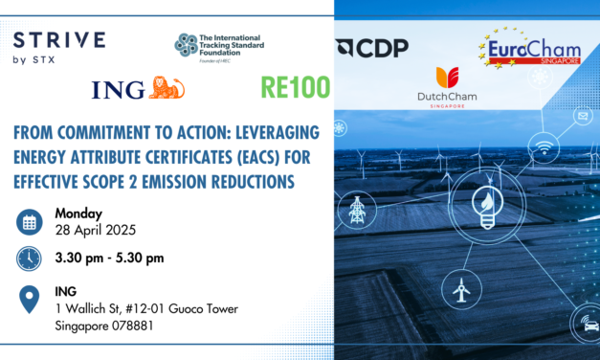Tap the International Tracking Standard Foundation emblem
(x=187, y=43)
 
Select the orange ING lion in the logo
(x=167, y=89)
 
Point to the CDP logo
(x=373, y=48)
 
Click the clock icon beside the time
(x=30, y=259)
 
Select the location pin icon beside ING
(x=30, y=299)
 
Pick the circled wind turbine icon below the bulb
(x=458, y=286)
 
